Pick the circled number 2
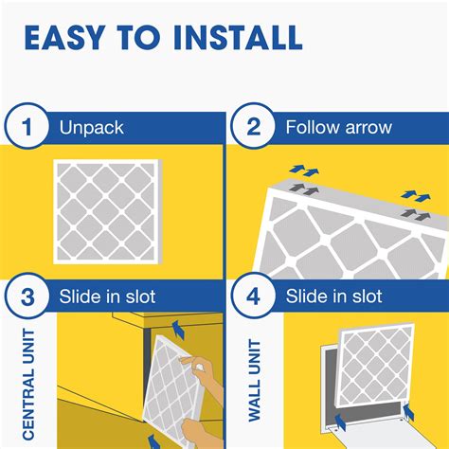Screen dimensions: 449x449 (253, 129)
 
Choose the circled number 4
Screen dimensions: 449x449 (253, 296)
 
